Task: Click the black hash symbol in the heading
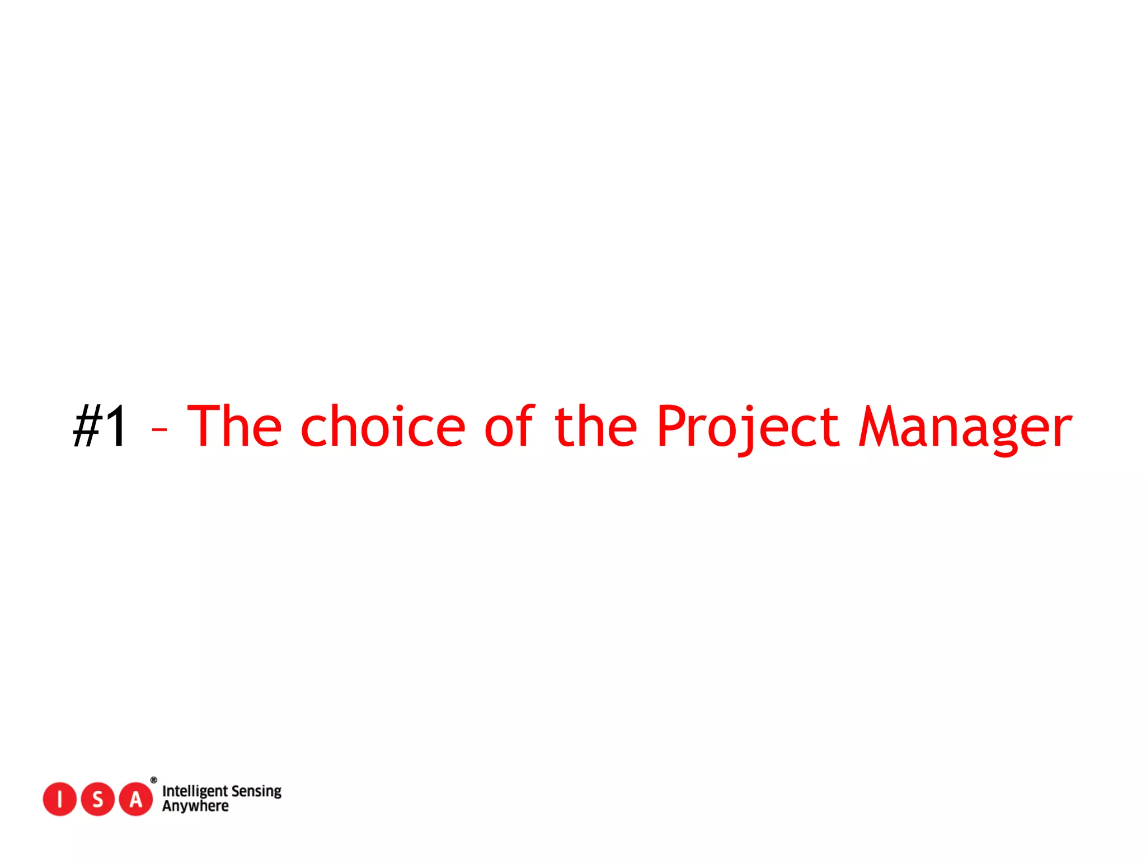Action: (87, 426)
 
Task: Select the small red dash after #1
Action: (159, 429)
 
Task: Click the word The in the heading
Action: (234, 426)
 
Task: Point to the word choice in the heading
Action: (383, 426)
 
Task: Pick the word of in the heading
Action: (509, 426)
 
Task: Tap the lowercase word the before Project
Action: (595, 426)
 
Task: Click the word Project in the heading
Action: (748, 427)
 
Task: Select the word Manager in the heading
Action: (965, 427)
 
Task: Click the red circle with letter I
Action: (59, 799)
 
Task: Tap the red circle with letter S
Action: (98, 799)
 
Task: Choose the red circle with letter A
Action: (136, 799)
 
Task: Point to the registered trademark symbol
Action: (154, 780)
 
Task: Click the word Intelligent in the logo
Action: (195, 791)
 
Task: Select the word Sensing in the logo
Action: (256, 791)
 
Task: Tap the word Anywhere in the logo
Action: (195, 806)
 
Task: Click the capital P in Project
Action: (672, 426)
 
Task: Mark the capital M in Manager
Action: (878, 426)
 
